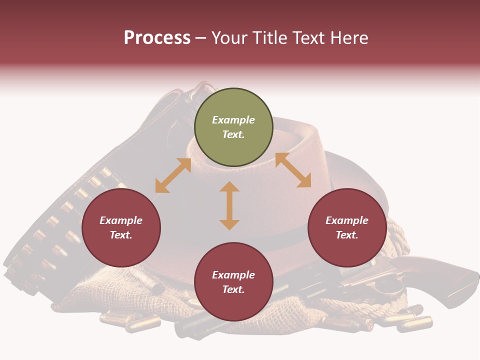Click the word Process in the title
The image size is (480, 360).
click(x=157, y=38)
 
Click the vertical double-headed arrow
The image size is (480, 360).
click(x=229, y=205)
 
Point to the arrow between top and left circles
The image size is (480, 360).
click(x=173, y=175)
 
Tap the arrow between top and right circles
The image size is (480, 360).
click(x=293, y=170)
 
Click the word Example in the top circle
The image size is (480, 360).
click(x=233, y=120)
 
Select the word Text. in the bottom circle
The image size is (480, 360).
click(x=233, y=289)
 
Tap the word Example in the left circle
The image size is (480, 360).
click(x=121, y=220)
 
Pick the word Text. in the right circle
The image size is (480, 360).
click(x=347, y=235)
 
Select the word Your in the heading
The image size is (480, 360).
click(x=229, y=38)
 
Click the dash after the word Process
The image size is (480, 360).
click(x=201, y=38)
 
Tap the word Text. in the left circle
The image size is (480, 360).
click(x=121, y=235)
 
